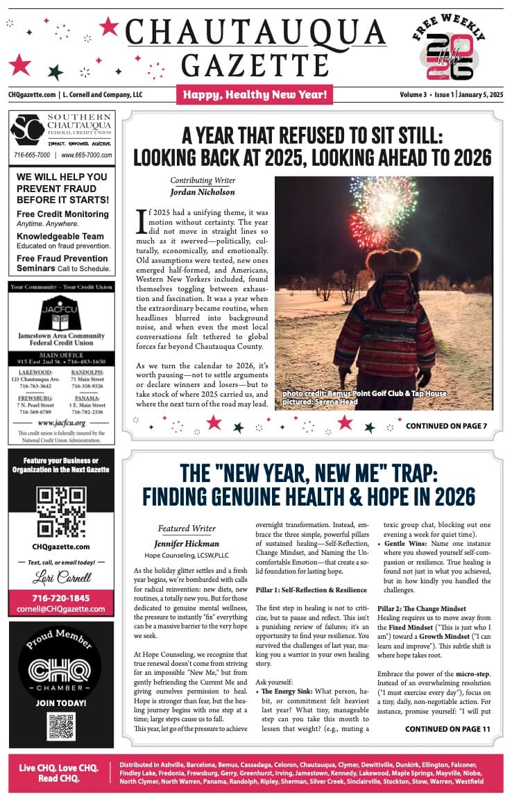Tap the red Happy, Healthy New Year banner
(255, 94)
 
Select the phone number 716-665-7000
(32, 155)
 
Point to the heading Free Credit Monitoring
(62, 214)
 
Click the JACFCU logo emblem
(62, 313)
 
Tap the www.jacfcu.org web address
(62, 422)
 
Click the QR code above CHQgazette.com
(62, 513)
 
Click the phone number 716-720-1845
(62, 598)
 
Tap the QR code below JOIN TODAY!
(62, 725)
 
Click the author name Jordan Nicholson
(203, 192)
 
